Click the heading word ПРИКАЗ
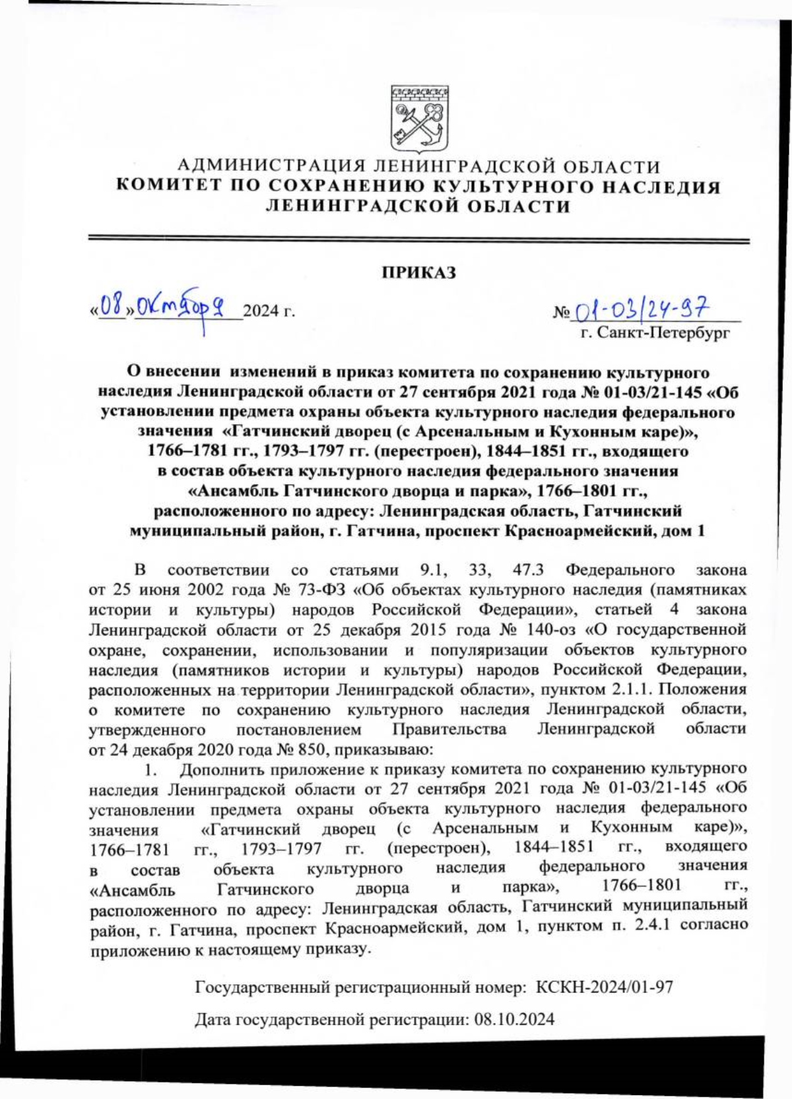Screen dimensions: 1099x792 tap(419, 272)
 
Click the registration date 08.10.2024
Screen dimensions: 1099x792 tap(514, 1019)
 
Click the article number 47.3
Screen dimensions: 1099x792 tap(527, 569)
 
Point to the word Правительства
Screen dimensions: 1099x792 tap(449, 729)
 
